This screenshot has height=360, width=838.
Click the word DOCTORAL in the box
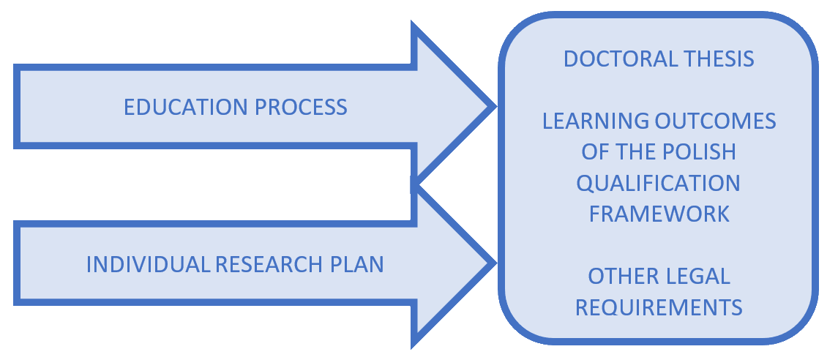[620, 59]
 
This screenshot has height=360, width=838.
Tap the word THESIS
[718, 59]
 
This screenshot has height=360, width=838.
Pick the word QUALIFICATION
[659, 183]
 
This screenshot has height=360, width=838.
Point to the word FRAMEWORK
[659, 214]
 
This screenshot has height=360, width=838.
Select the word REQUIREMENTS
[659, 307]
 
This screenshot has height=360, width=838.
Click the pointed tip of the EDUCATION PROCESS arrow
[492, 107]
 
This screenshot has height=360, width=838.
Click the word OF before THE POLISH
[594, 152]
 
